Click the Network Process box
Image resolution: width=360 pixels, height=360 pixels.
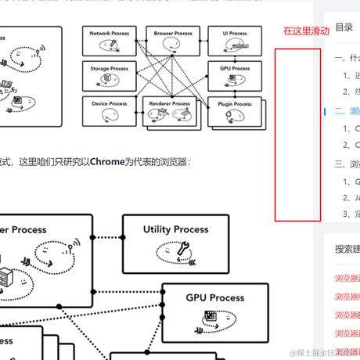click(x=109, y=42)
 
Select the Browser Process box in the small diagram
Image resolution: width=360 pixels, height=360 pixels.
click(x=173, y=42)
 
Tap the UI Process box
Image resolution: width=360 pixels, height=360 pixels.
click(x=234, y=42)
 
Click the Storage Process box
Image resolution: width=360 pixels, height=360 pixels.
click(x=109, y=77)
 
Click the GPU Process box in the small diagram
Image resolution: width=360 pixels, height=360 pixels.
click(x=234, y=77)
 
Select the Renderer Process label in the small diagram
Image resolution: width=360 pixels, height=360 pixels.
click(x=170, y=103)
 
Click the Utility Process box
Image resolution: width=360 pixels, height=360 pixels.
click(x=175, y=239)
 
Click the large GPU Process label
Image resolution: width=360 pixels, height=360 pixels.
click(x=214, y=297)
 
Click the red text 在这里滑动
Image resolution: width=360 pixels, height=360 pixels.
click(x=306, y=31)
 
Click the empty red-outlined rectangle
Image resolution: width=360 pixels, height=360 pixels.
click(x=297, y=135)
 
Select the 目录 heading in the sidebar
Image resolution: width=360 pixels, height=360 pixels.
click(x=344, y=27)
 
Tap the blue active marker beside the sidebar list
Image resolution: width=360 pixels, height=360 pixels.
click(x=326, y=111)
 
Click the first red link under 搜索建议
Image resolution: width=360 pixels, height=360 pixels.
click(x=347, y=277)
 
